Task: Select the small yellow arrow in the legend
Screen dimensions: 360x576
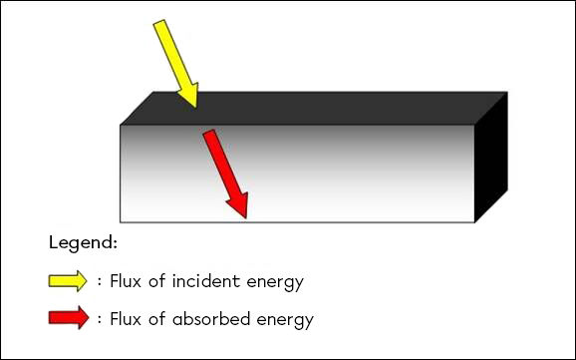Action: click(x=68, y=281)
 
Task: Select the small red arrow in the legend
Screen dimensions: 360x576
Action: click(x=68, y=319)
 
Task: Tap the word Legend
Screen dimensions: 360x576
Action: click(x=82, y=243)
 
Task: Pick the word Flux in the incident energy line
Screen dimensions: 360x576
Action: click(x=129, y=281)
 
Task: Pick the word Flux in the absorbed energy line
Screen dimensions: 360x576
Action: click(x=129, y=319)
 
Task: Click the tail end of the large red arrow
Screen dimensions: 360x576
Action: click(x=209, y=133)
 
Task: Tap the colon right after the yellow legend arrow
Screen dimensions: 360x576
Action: click(x=100, y=282)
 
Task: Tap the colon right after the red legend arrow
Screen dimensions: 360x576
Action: click(x=100, y=320)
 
